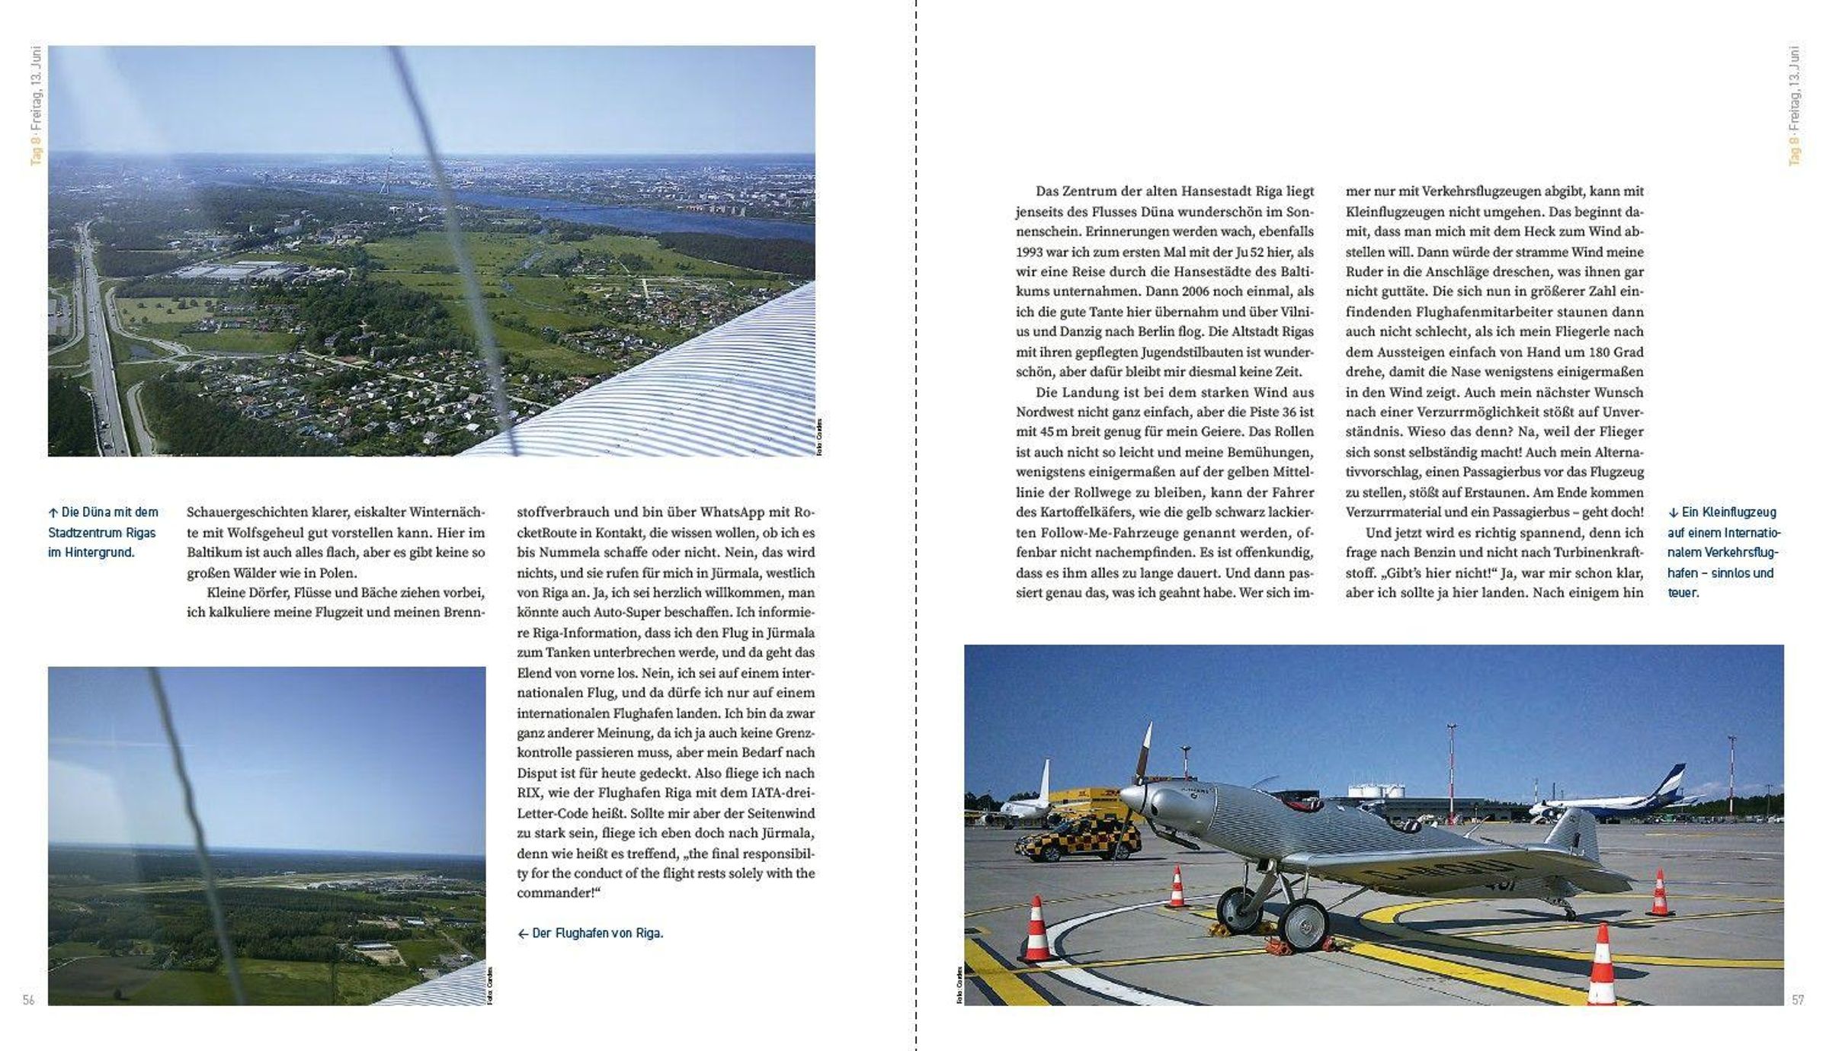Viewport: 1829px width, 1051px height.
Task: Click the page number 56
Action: point(28,1000)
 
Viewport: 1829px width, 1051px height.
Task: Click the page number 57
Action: point(1798,1000)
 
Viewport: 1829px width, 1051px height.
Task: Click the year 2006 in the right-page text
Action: point(1202,291)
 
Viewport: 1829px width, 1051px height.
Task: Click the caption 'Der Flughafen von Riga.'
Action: point(597,933)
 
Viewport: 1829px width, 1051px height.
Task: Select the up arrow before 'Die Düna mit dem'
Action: point(53,513)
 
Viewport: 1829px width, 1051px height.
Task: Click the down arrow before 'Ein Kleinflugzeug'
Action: point(1673,513)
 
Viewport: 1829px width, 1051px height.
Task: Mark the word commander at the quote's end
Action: point(554,893)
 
